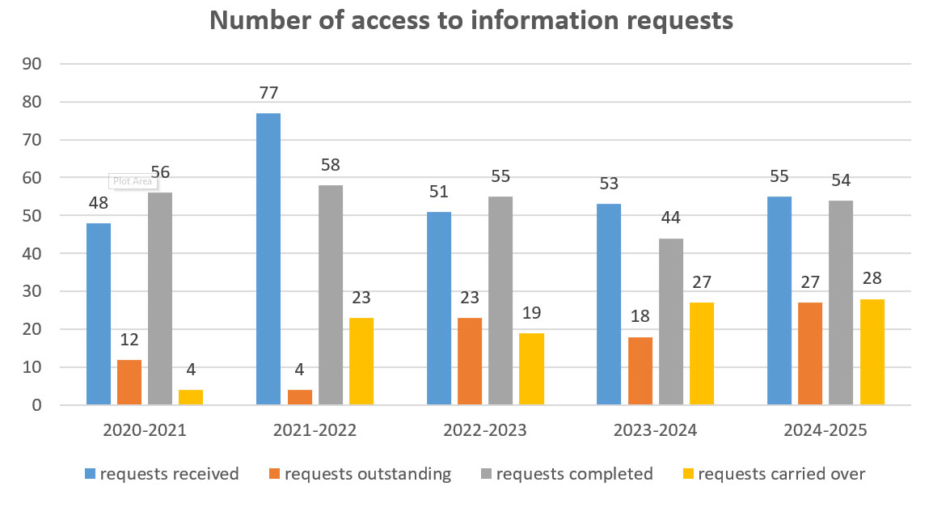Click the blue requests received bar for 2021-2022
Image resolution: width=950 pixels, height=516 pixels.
pyautogui.click(x=268, y=259)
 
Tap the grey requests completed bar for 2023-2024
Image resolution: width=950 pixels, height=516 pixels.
pyautogui.click(x=671, y=321)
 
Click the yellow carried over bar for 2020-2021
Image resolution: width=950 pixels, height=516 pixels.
pyautogui.click(x=191, y=397)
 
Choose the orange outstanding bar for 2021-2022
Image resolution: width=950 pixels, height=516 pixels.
pyautogui.click(x=299, y=397)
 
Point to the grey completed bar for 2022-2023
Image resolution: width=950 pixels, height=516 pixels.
pyautogui.click(x=500, y=300)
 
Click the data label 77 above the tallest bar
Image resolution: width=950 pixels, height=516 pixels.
pyautogui.click(x=268, y=94)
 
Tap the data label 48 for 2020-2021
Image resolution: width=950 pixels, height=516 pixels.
pyautogui.click(x=99, y=204)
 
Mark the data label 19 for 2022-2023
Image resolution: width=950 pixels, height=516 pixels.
pyautogui.click(x=532, y=314)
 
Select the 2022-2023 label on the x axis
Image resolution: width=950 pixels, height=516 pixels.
pyautogui.click(x=485, y=430)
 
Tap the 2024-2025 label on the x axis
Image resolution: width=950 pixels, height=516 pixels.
pyautogui.click(x=825, y=430)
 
